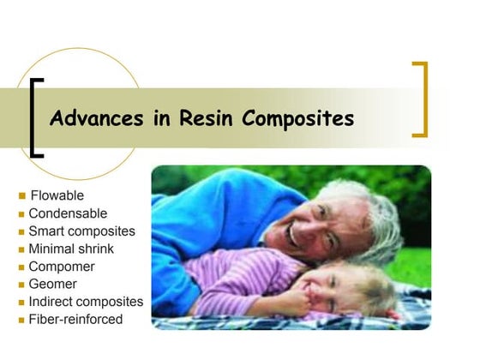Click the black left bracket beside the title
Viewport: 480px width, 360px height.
pos(34,118)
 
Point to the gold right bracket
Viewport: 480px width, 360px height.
pos(421,99)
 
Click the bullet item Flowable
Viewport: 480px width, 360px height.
pos(57,195)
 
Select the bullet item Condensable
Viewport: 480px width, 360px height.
pos(68,213)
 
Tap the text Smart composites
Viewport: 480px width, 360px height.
pos(81,231)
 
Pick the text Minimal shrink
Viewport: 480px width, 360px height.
pos(71,249)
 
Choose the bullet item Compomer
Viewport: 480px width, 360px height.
pos(62,267)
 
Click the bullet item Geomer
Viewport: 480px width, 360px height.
pos(52,284)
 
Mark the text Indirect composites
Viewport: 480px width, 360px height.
pos(86,302)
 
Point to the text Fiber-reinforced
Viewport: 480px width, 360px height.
pos(75,320)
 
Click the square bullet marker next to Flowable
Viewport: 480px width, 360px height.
pos(22,196)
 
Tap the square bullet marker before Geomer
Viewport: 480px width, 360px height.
pos(22,285)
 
